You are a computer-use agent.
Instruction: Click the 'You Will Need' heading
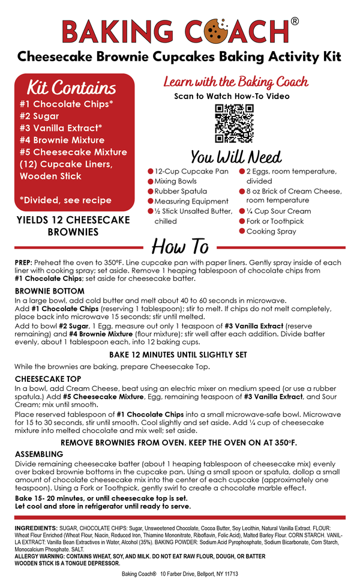pyautogui.click(x=236, y=157)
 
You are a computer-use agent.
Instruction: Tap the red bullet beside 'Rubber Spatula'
pyautogui.click(x=151, y=191)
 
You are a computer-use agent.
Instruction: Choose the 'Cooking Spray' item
pyautogui.click(x=271, y=231)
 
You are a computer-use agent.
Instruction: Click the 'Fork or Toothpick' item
pyautogui.click(x=275, y=221)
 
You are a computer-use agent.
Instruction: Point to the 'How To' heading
pyautogui.click(x=180, y=247)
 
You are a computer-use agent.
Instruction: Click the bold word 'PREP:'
pyautogui.click(x=25, y=263)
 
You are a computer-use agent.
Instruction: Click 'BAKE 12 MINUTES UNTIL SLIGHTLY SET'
pyautogui.click(x=178, y=355)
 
